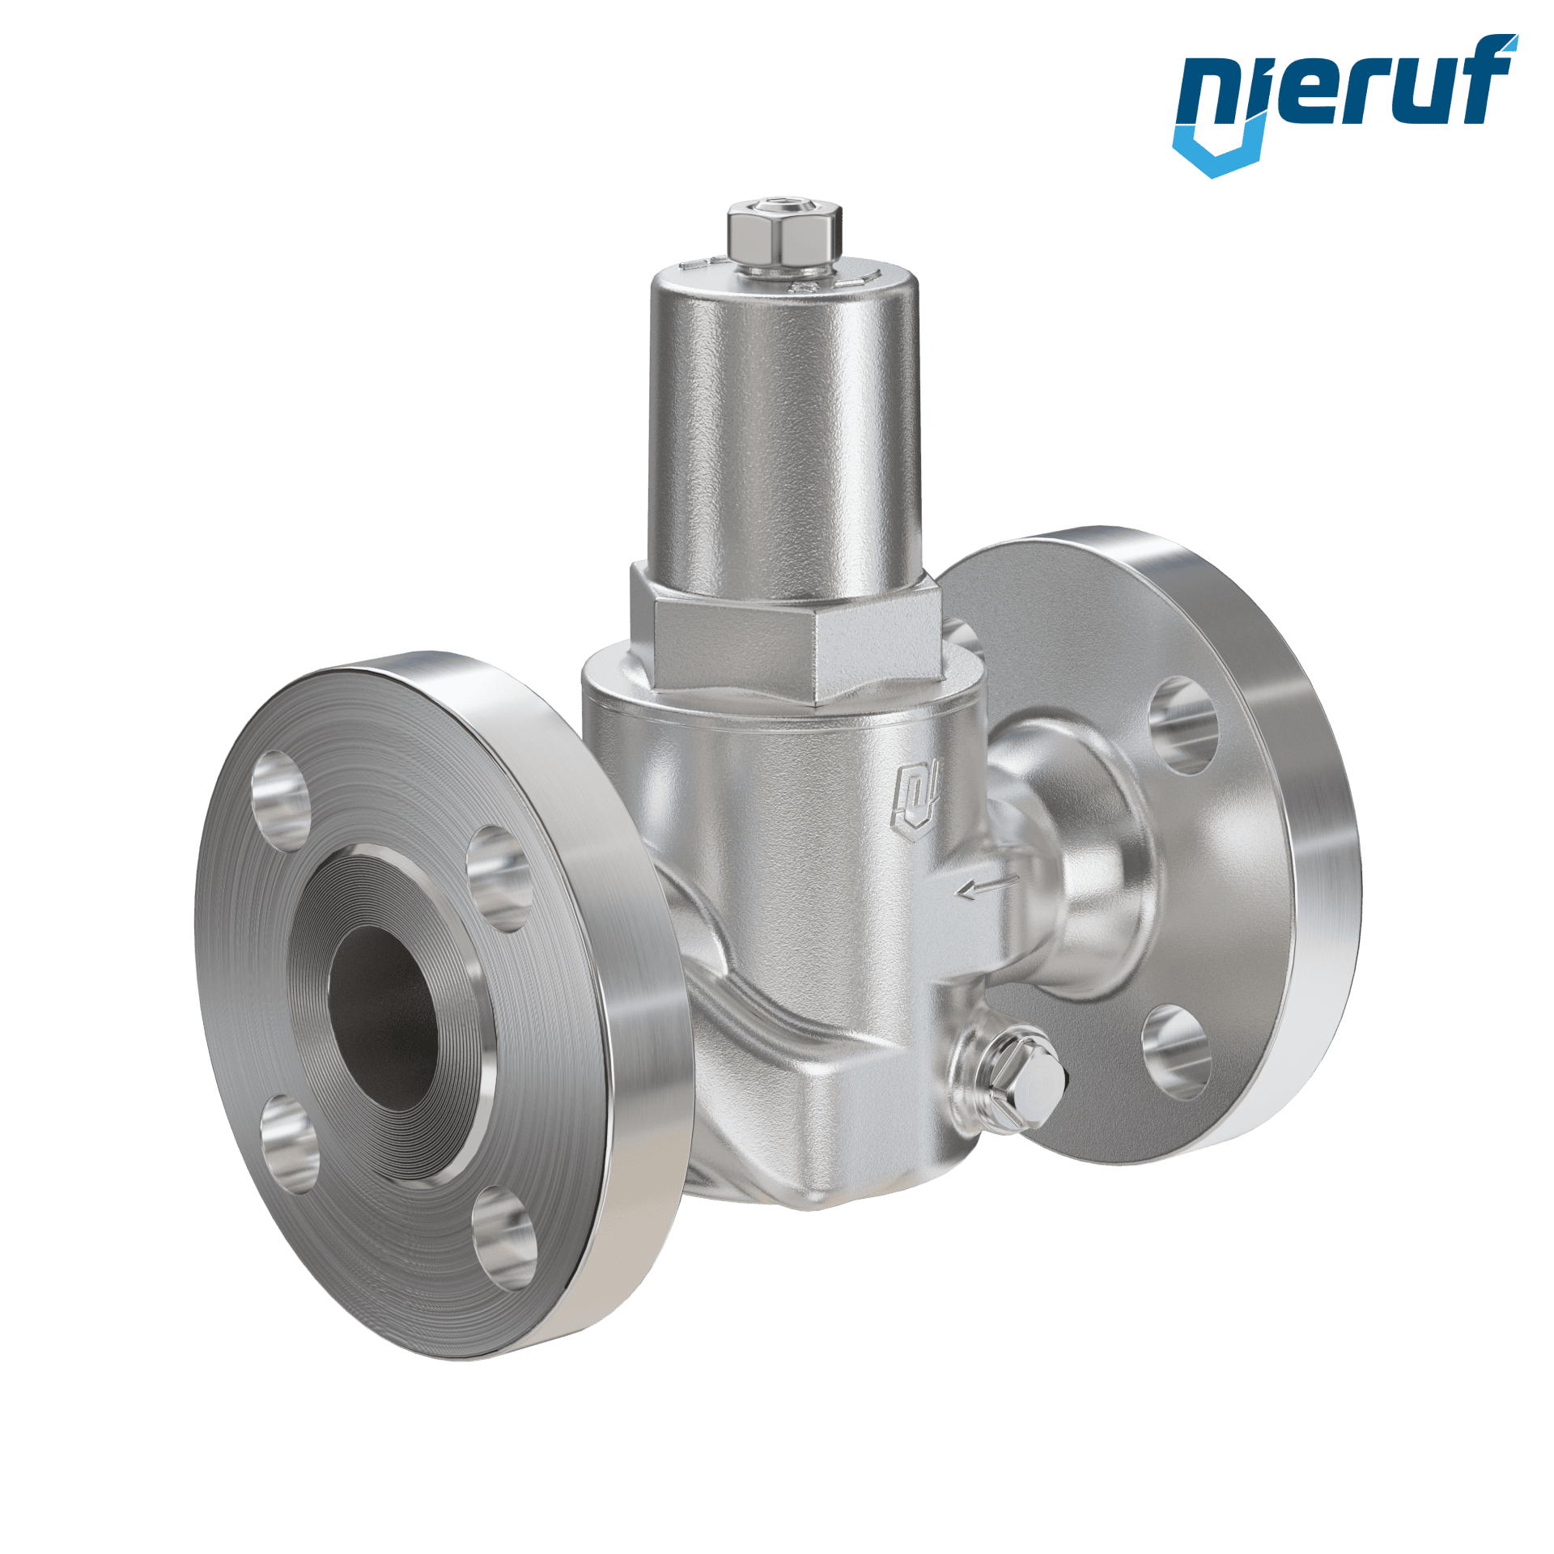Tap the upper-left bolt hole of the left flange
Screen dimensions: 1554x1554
[282, 801]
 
